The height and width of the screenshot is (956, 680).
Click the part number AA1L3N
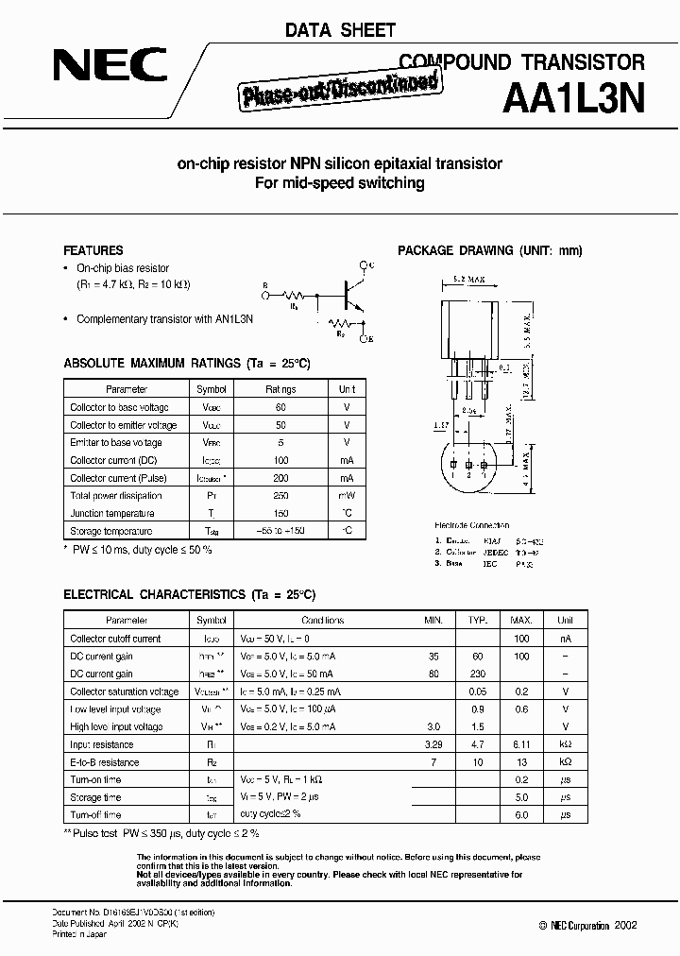tap(578, 97)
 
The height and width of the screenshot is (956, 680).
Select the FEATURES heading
tap(93, 250)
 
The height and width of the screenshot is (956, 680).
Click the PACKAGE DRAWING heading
tap(490, 250)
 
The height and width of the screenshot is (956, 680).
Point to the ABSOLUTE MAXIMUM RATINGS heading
tap(187, 363)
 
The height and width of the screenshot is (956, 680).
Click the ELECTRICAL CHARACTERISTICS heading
tap(189, 594)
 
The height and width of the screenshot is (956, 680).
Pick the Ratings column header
tap(280, 389)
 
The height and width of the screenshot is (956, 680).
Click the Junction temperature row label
tap(112, 513)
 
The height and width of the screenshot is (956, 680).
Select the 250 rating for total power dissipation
tap(280, 495)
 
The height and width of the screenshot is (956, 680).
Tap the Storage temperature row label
tap(111, 531)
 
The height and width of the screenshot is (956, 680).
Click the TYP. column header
tap(478, 621)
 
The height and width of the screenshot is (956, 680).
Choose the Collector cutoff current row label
tap(115, 639)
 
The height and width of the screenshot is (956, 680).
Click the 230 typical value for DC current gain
tap(478, 674)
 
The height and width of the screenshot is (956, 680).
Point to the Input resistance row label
tap(102, 744)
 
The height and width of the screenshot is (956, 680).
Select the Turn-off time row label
tap(95, 814)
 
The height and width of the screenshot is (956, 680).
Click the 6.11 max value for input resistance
tap(520, 744)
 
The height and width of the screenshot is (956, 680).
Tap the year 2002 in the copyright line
tap(625, 926)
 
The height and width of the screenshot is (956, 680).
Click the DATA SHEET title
tap(340, 30)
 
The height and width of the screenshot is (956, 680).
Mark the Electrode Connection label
tap(471, 525)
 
